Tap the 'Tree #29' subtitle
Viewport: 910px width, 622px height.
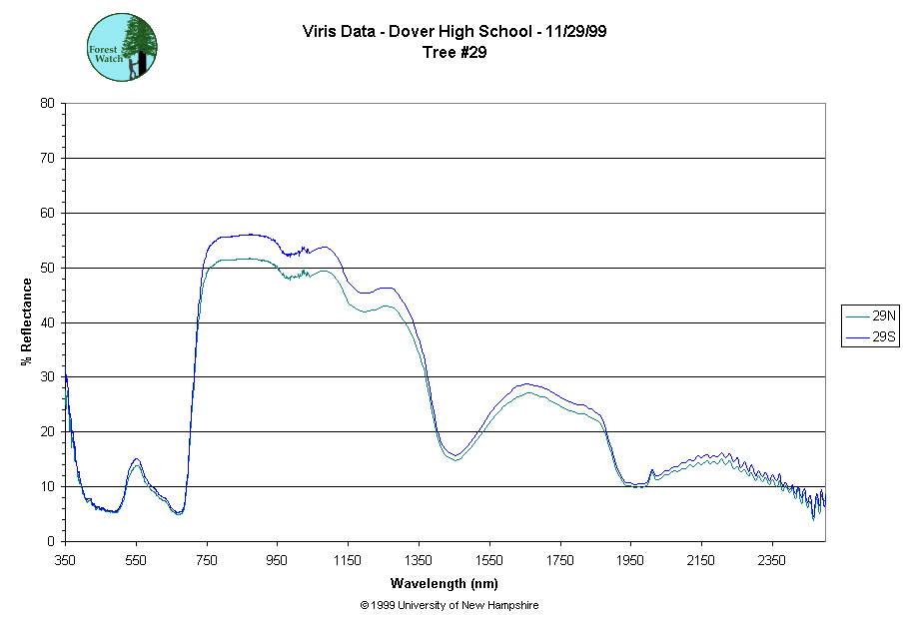[x=455, y=53]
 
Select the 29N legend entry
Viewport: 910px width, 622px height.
[x=872, y=315]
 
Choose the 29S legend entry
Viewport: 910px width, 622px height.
[x=872, y=337]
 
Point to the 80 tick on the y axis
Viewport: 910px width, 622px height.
[x=47, y=103]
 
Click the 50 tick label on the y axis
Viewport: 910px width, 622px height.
[x=47, y=268]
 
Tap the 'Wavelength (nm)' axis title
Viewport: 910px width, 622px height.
[x=445, y=584]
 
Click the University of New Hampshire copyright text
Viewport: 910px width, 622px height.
[x=450, y=605]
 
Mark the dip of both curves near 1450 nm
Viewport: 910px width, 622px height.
[x=455, y=457]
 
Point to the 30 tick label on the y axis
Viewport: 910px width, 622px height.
[x=47, y=376]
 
